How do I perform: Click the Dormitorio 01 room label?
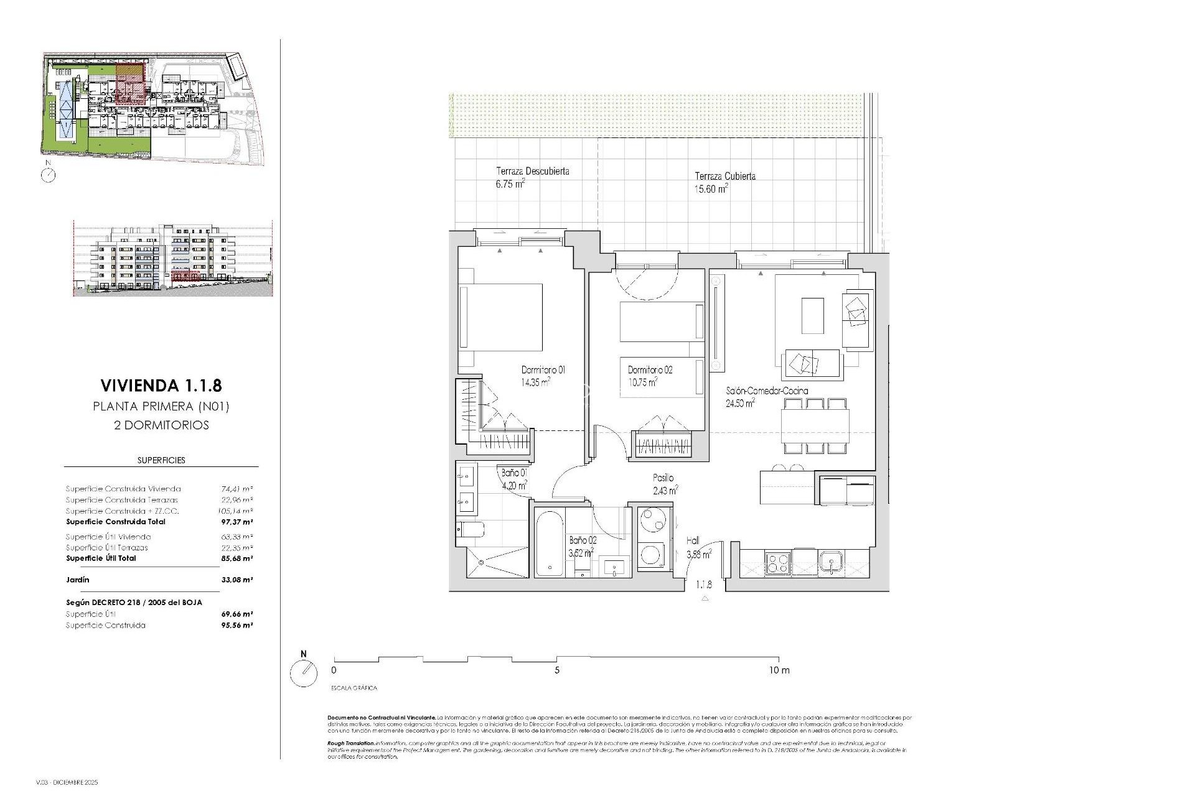pyautogui.click(x=543, y=370)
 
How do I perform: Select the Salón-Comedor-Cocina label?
pyautogui.click(x=767, y=391)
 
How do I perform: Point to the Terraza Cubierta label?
pyautogui.click(x=725, y=176)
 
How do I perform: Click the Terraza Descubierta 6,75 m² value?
pyautogui.click(x=510, y=184)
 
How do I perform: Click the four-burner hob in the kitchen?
pyautogui.click(x=777, y=562)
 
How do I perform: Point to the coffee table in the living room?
pyautogui.click(x=812, y=315)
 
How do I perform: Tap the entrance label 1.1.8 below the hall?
pyautogui.click(x=704, y=585)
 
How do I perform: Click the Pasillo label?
pyautogui.click(x=663, y=478)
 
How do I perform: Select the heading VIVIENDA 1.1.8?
pyautogui.click(x=161, y=386)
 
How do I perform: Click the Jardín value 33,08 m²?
pyautogui.click(x=237, y=580)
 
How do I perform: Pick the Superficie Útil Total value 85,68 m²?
pyautogui.click(x=237, y=558)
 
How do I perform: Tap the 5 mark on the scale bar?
pyautogui.click(x=557, y=670)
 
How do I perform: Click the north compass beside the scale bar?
pyautogui.click(x=304, y=673)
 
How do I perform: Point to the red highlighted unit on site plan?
pyautogui.click(x=131, y=85)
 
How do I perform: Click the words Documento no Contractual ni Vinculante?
pyautogui.click(x=382, y=718)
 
